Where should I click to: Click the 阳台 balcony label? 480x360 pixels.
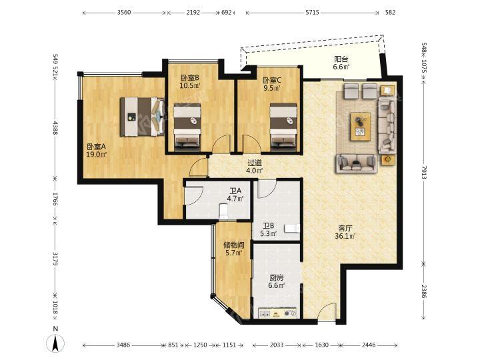[x=341, y=59]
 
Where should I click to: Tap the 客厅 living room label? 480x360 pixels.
[x=345, y=228]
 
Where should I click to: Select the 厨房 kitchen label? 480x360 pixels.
[x=277, y=278]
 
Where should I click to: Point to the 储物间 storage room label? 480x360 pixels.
[x=234, y=245]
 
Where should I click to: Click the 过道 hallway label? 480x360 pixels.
[x=255, y=163]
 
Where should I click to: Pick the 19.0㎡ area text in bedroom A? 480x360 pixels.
[x=96, y=155]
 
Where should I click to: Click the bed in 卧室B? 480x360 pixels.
[x=187, y=127]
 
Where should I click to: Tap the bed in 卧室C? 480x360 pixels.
[x=283, y=127]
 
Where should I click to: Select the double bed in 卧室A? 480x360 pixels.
[x=143, y=117]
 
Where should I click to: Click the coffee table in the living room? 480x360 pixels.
[x=361, y=127]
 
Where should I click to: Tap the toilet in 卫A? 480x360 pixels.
[x=224, y=211]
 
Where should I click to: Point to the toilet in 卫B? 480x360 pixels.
[x=292, y=229]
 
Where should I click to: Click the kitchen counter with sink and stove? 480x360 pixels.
[x=278, y=313]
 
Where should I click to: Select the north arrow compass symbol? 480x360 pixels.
[x=55, y=343]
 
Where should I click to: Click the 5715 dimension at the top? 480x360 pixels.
[x=312, y=13]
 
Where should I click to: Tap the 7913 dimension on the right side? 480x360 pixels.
[x=424, y=172]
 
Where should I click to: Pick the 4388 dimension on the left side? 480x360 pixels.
[x=55, y=127]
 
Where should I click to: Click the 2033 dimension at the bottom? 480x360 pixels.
[x=277, y=345]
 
